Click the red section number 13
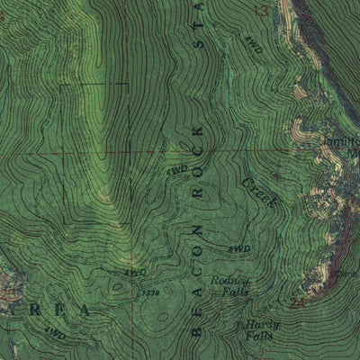262,11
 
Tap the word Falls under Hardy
257,337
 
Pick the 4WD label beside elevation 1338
135,271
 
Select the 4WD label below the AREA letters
56,335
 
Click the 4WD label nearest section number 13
253,49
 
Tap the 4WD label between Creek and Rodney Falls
238,248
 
